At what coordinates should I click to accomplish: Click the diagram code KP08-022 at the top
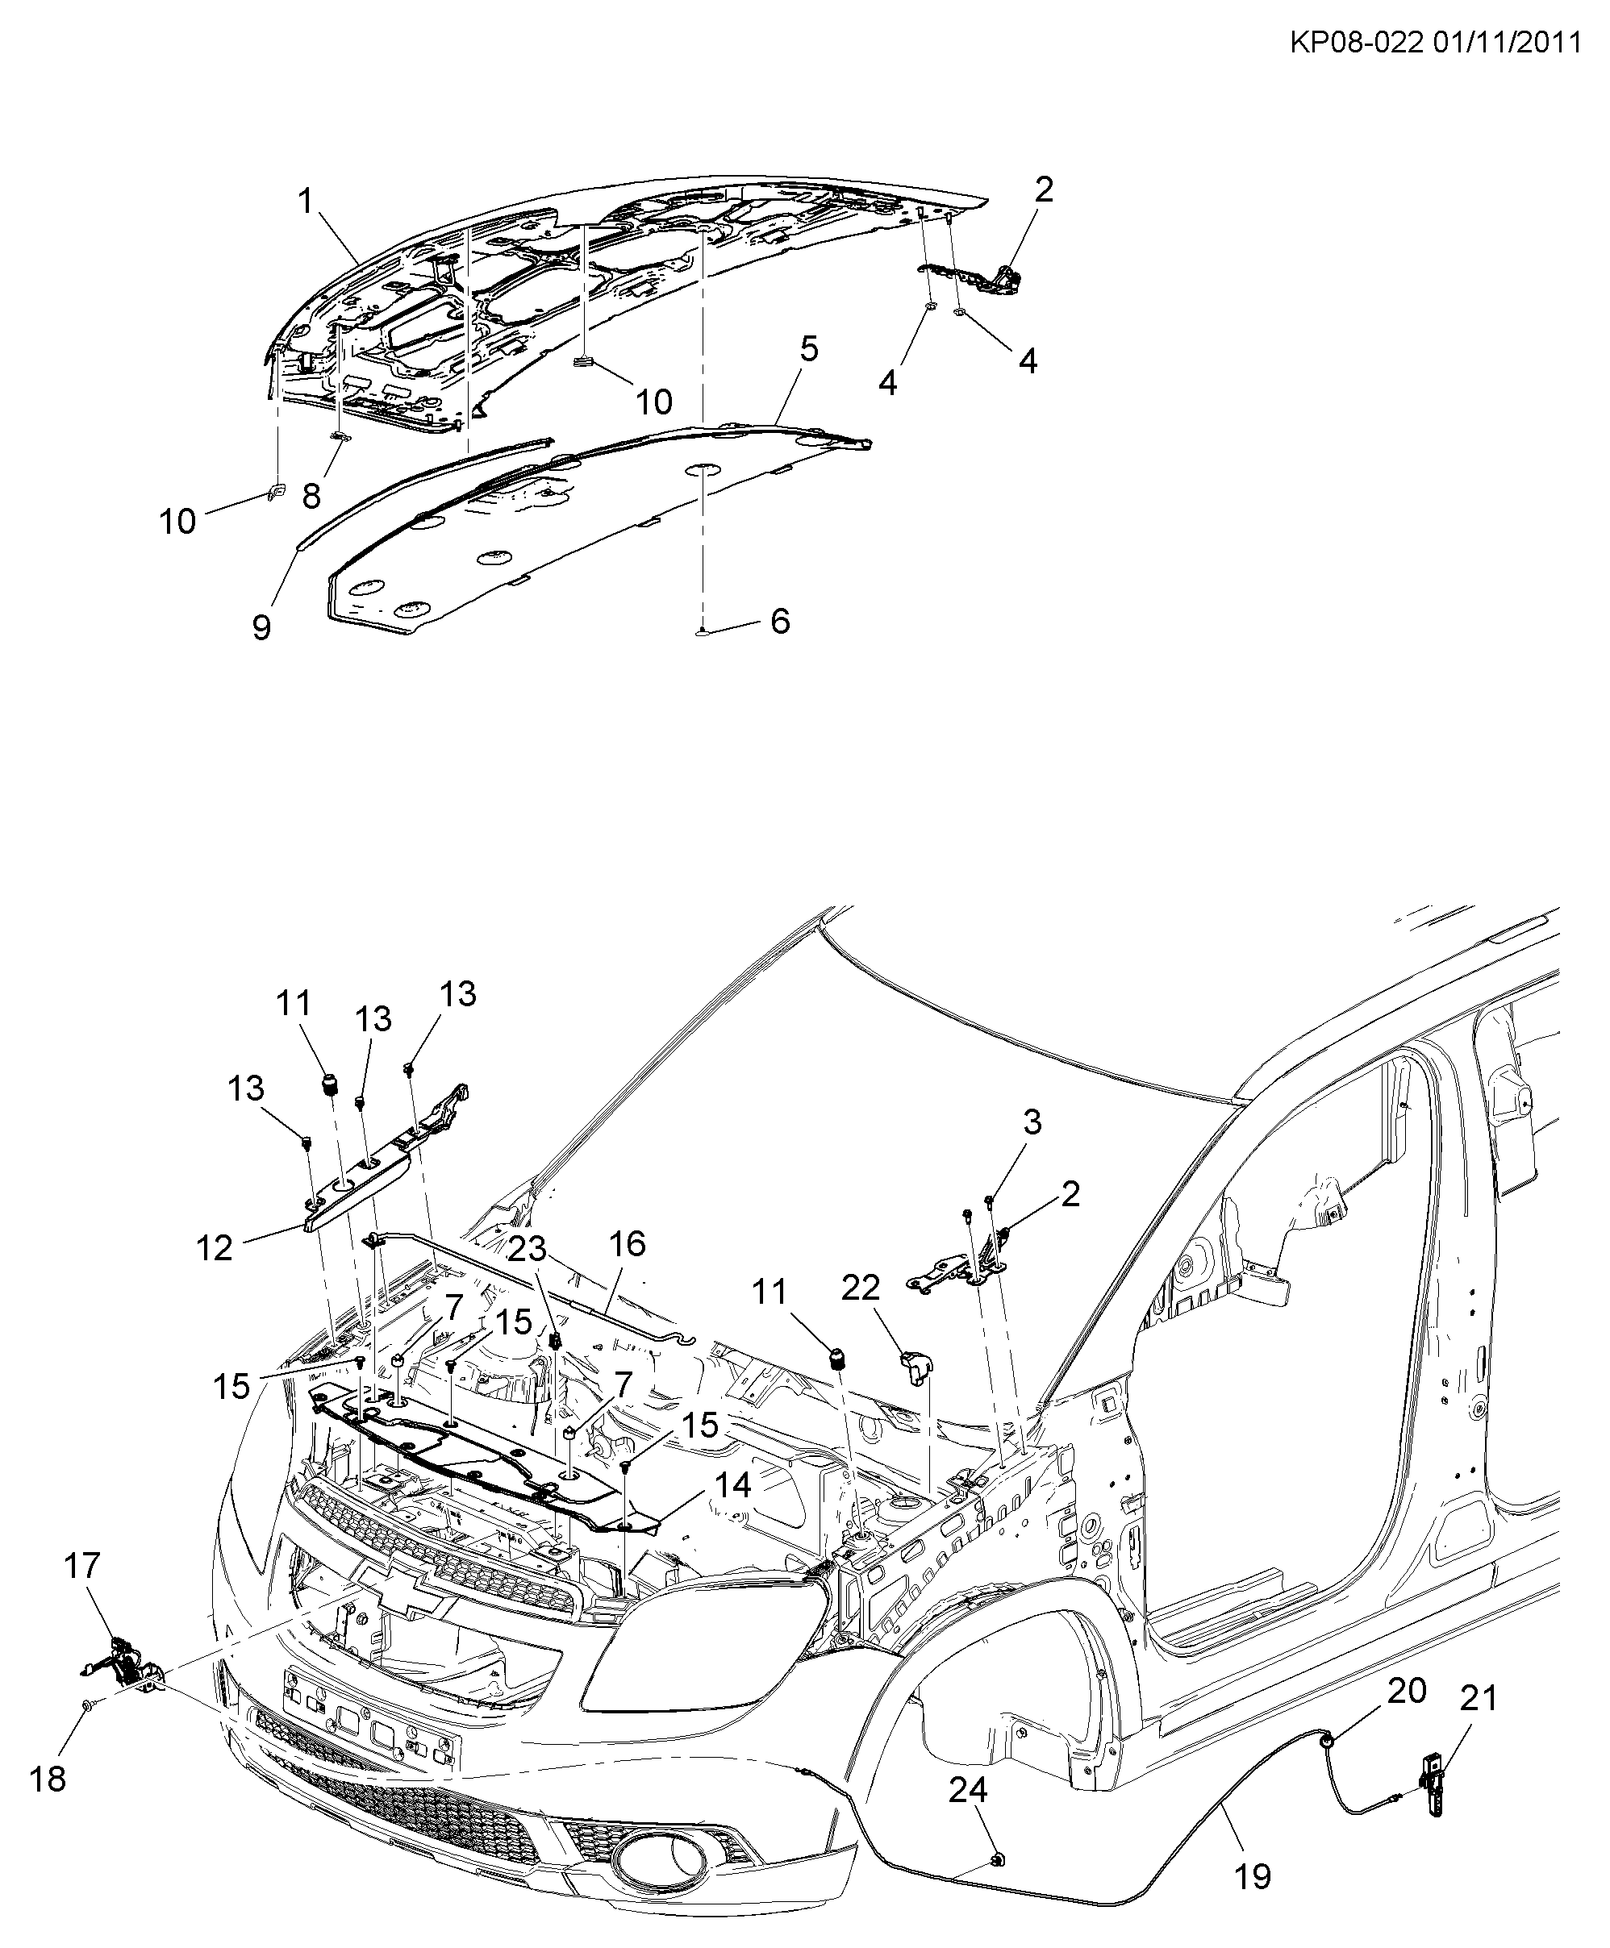tap(1356, 43)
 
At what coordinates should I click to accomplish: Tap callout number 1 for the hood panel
tap(306, 202)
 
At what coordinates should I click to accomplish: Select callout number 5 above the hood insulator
tap(809, 350)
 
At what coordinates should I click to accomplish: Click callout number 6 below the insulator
tap(780, 620)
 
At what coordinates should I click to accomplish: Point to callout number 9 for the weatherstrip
tap(262, 628)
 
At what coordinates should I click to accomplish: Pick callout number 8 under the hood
tap(311, 495)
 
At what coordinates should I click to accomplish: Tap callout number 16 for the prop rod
tap(627, 1243)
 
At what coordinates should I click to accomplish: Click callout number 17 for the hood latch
tap(81, 1566)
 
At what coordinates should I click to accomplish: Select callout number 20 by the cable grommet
tap(1407, 1690)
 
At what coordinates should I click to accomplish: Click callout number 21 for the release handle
tap(1479, 1698)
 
